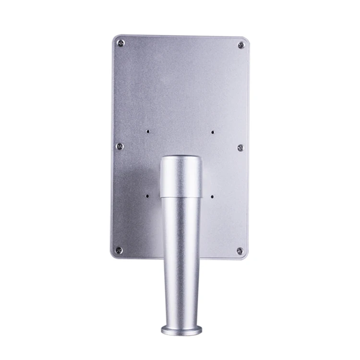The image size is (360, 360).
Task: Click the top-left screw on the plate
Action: (x=120, y=43)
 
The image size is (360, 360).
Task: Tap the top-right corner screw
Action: (x=241, y=45)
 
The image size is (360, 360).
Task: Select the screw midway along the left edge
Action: (x=120, y=146)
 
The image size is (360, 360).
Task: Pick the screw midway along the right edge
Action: (x=240, y=147)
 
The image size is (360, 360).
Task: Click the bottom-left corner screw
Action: (x=119, y=250)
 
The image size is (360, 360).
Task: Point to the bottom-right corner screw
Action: (x=240, y=251)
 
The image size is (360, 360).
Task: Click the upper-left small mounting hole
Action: (x=148, y=130)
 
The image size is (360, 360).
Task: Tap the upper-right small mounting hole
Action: (x=212, y=131)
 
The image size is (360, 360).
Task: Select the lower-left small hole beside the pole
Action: (x=148, y=195)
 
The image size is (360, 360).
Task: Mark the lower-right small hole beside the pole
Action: (x=212, y=196)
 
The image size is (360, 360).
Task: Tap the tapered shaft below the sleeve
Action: (x=180, y=259)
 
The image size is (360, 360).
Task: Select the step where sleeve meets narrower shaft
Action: (x=181, y=197)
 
